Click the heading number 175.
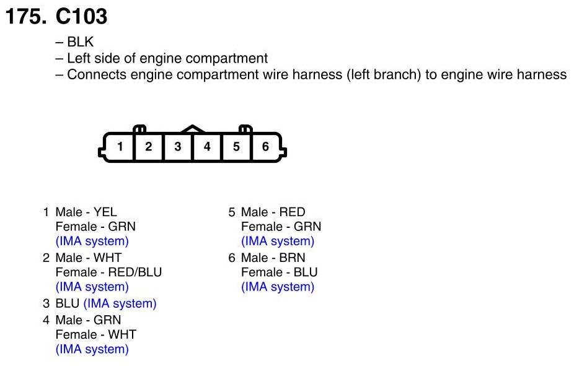click(25, 17)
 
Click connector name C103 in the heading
click(81, 17)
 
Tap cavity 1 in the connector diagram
click(120, 147)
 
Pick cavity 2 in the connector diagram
click(149, 147)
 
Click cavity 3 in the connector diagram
click(178, 147)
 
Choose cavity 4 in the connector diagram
click(207, 147)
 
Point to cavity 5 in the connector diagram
click(236, 147)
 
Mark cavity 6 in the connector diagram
click(265, 147)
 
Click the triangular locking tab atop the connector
click(193, 129)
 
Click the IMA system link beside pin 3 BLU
click(120, 303)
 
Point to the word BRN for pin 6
click(293, 258)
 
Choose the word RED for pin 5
click(292, 212)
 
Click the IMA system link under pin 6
click(278, 287)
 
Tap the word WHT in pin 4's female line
click(122, 334)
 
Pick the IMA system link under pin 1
click(92, 241)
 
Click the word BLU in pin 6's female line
click(306, 272)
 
